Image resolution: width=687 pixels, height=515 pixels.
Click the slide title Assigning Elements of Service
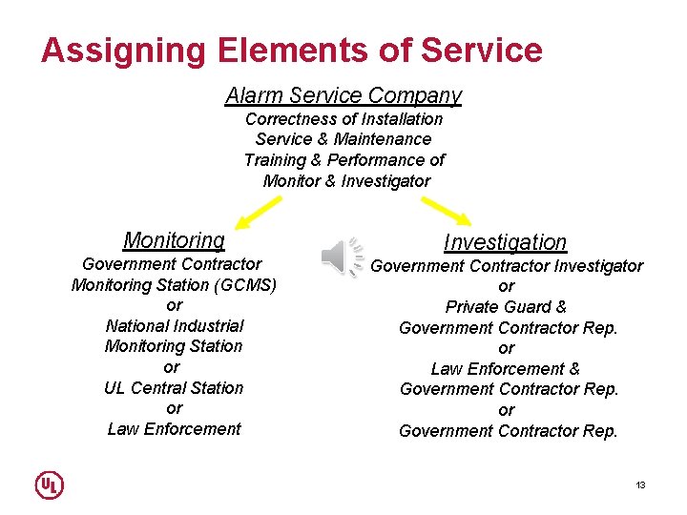[x=291, y=50]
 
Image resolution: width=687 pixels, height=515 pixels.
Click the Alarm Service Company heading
[x=343, y=95]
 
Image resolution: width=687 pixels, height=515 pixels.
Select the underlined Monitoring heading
[x=174, y=240]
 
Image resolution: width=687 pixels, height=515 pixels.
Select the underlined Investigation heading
[x=505, y=242]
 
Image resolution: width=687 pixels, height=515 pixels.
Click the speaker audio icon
[x=342, y=257]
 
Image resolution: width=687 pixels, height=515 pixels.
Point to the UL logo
[x=50, y=484]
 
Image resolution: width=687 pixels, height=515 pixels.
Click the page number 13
[x=640, y=485]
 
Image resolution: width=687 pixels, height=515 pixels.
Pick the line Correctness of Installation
[x=343, y=119]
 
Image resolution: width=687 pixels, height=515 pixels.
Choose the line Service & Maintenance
[x=343, y=139]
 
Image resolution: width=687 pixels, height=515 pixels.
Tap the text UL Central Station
[x=174, y=387]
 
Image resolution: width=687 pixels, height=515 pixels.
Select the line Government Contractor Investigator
[x=507, y=266]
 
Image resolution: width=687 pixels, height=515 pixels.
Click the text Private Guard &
[x=506, y=307]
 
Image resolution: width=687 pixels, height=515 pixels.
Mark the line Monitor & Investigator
[x=346, y=180]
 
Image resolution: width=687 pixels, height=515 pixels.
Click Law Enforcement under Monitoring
[x=174, y=428]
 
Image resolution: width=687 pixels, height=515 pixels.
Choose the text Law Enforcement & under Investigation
[x=506, y=368]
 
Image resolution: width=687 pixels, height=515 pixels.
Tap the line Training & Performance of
[x=343, y=160]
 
